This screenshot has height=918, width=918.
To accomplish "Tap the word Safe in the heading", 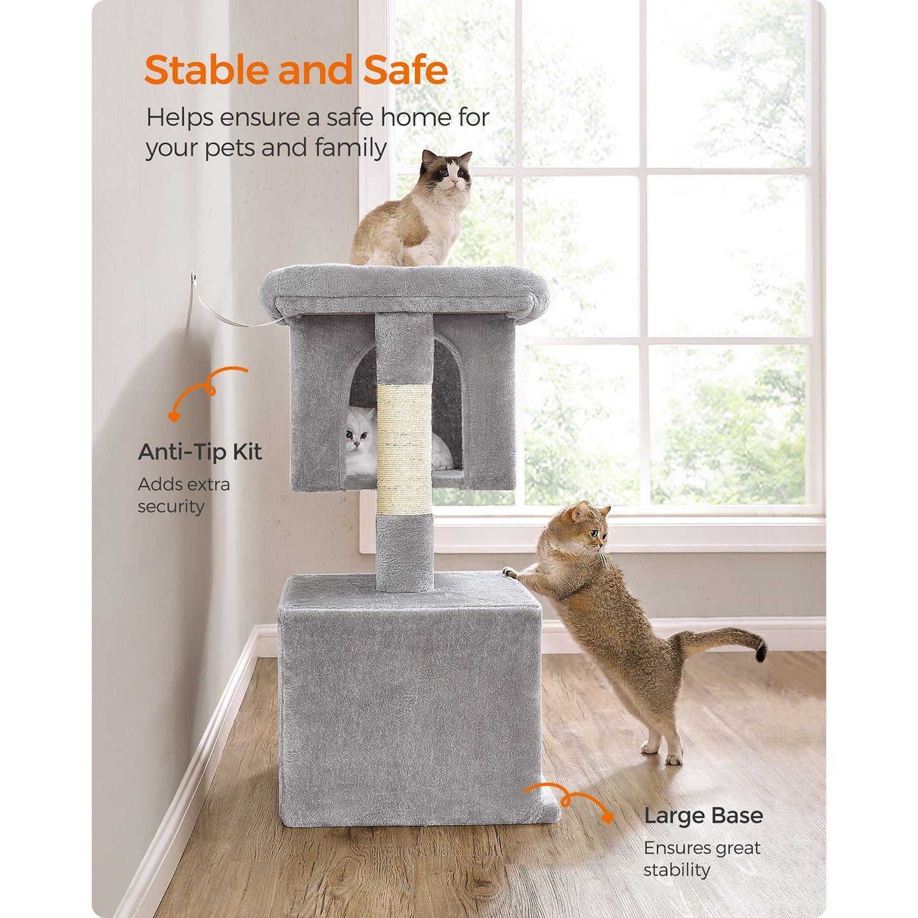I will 406,70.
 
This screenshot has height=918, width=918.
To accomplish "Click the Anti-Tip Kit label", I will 199,452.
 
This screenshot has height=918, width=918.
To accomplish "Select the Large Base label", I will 703,815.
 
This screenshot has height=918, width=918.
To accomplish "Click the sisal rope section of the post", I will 403,448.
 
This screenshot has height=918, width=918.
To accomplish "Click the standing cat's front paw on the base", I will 510,572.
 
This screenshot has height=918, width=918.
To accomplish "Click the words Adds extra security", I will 184,495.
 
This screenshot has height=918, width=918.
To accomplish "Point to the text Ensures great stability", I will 701,858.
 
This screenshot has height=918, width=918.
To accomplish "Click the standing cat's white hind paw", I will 673,757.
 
